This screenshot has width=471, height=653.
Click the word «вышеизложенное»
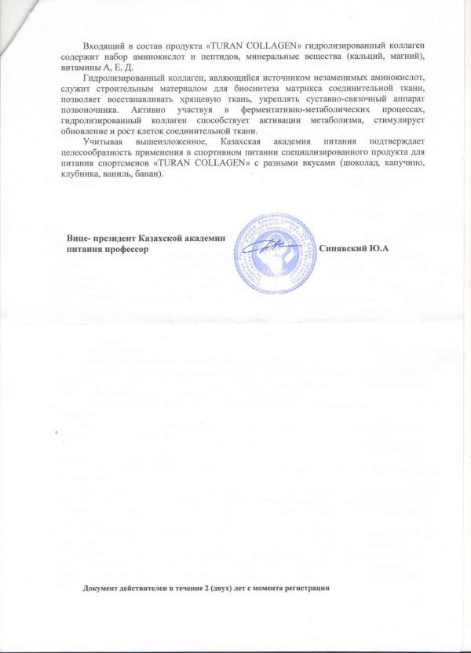(163, 151)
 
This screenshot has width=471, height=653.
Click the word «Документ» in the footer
(106, 588)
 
